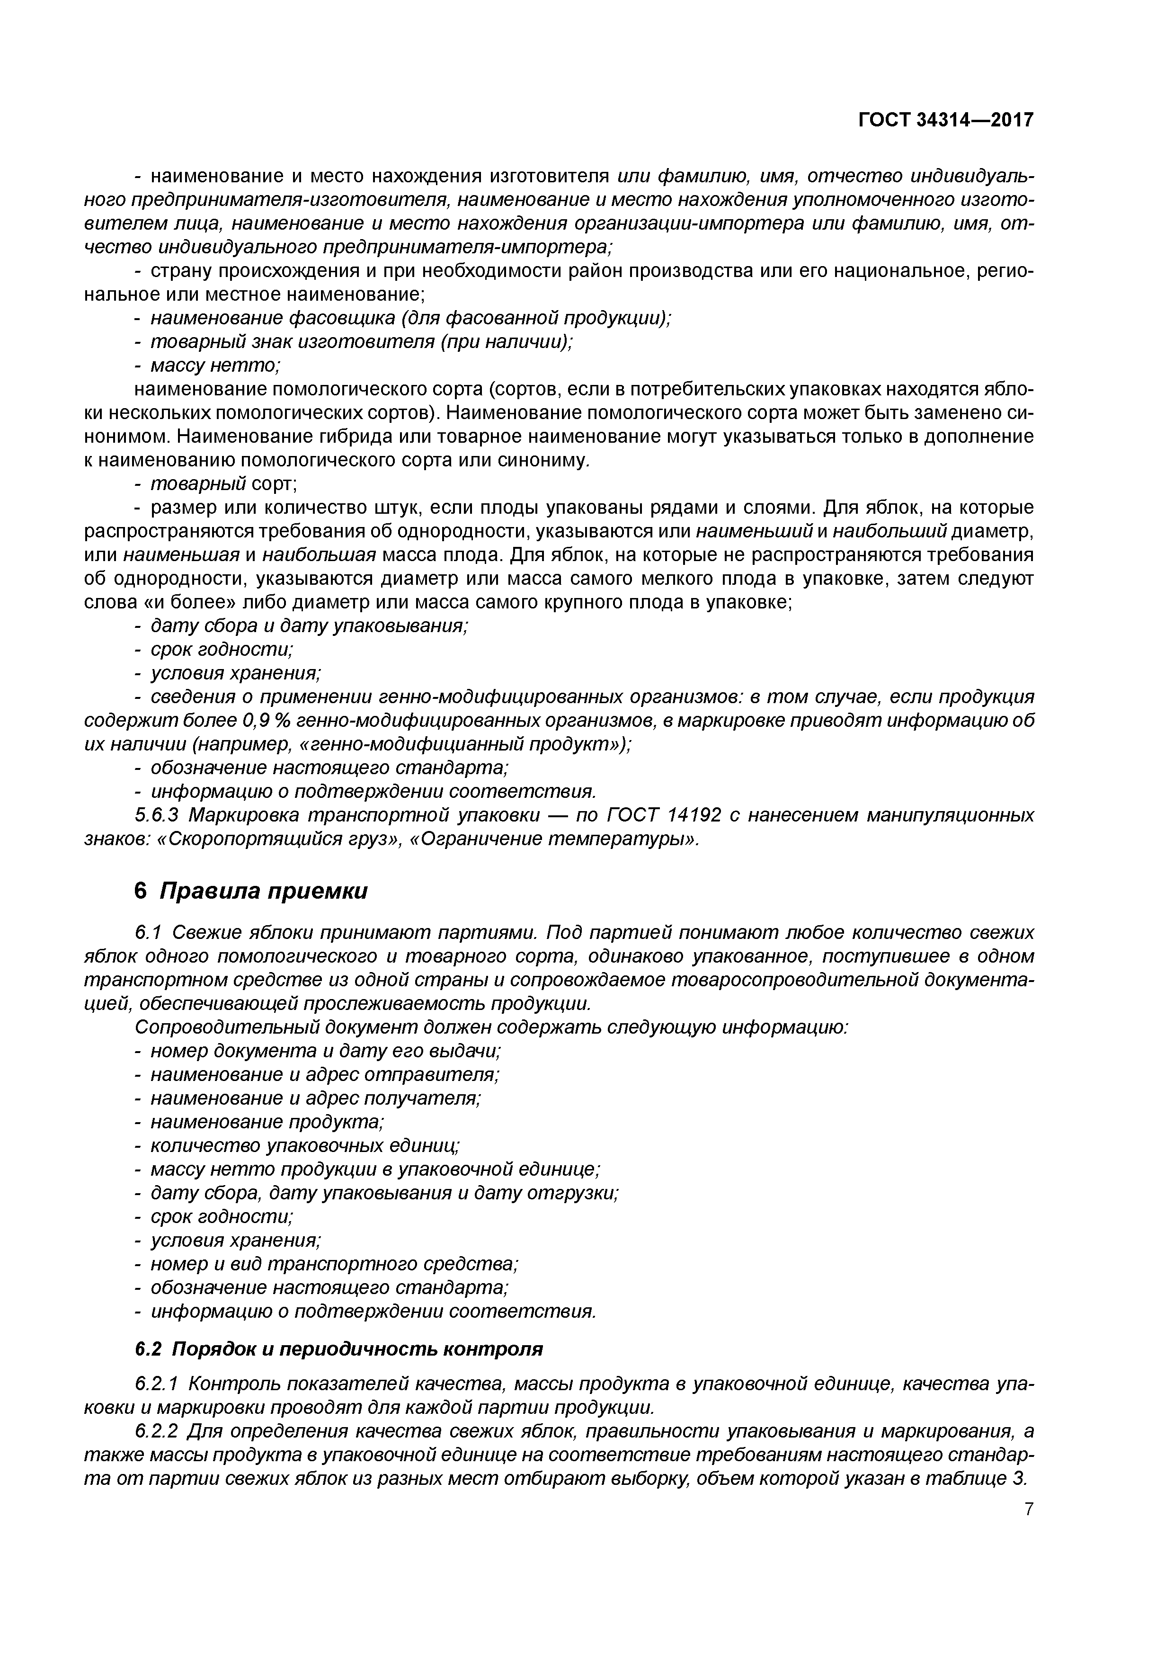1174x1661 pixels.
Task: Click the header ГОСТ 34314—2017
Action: [945, 119]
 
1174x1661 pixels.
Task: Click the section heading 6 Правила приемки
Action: [251, 891]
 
